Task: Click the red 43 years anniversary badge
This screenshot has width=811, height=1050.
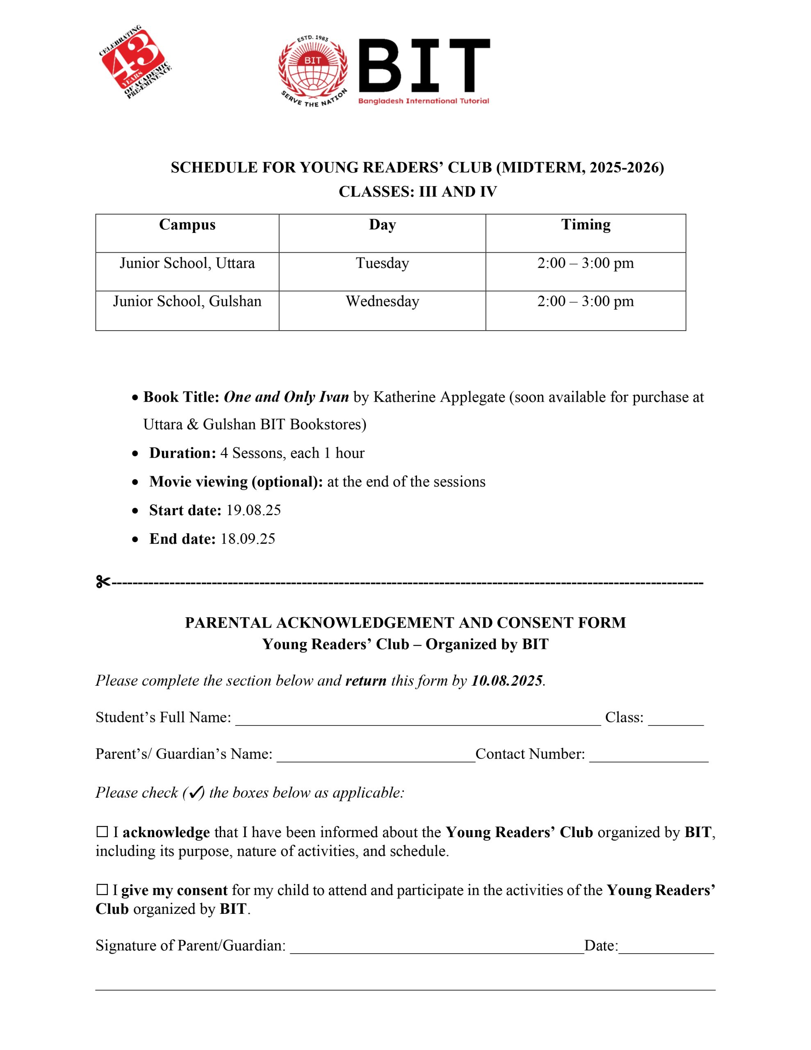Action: [134, 62]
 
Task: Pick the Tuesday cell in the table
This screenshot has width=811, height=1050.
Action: [382, 263]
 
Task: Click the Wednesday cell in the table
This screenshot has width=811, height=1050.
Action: [382, 301]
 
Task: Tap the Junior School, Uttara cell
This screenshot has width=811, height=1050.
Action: [187, 263]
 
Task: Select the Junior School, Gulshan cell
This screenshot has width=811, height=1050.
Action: [187, 301]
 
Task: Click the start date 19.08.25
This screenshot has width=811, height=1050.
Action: [253, 510]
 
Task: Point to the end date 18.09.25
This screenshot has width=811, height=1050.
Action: [248, 539]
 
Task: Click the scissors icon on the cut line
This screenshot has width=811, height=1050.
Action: [103, 582]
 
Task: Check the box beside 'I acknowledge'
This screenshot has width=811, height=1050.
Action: [102, 832]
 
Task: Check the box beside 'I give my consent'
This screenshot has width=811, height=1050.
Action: [102, 890]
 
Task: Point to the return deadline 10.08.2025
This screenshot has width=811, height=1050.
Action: [507, 681]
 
